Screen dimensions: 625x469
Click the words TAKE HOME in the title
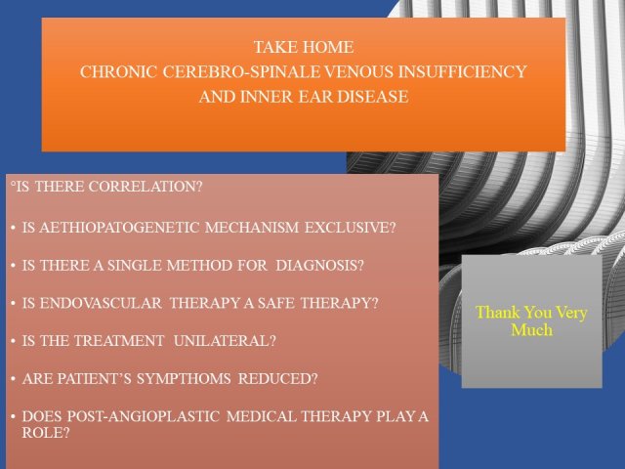click(x=304, y=47)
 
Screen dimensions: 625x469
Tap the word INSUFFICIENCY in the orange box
click(x=463, y=71)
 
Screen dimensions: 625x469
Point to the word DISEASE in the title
click(x=373, y=97)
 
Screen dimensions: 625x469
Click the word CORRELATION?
click(x=146, y=187)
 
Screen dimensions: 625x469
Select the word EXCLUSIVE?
click(x=351, y=228)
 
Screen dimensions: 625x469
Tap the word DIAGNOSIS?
click(x=319, y=265)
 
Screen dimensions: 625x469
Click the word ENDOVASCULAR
click(x=101, y=303)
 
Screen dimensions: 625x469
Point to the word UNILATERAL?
click(x=225, y=341)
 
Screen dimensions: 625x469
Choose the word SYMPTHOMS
click(x=184, y=378)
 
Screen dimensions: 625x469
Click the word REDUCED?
click(x=277, y=378)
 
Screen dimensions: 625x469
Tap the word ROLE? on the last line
click(x=46, y=433)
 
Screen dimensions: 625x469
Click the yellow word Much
click(x=531, y=330)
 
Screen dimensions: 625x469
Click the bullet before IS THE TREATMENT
click(x=13, y=341)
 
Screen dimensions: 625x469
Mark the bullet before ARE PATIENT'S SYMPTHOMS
click(x=13, y=379)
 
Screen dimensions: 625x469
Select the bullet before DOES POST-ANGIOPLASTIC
click(x=13, y=417)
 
